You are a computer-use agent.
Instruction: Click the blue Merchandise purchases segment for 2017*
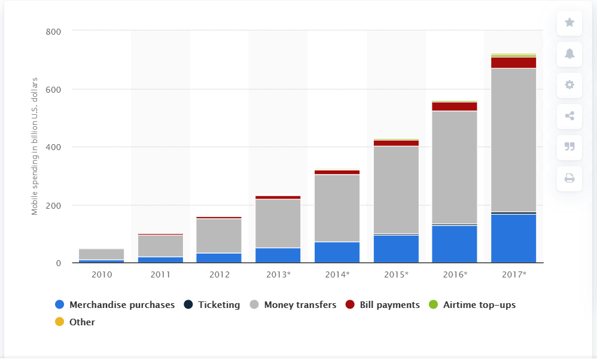coord(513,238)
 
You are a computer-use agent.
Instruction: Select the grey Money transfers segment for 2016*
coord(455,167)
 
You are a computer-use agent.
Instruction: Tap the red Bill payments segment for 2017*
coord(513,62)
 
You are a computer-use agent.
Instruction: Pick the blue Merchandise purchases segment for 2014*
coord(337,252)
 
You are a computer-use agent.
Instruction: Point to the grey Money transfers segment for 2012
coord(219,236)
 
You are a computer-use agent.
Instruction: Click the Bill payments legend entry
coord(389,305)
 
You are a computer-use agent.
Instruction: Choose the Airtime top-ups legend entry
coord(479,305)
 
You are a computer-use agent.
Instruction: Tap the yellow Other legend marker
coord(59,322)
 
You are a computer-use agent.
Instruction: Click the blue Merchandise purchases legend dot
coord(59,305)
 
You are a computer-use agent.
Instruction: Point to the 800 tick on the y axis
coord(53,31)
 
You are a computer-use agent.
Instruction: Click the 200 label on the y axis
coord(53,205)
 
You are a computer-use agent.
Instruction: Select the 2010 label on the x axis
coord(101,274)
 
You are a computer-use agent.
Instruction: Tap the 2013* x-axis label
coord(278,274)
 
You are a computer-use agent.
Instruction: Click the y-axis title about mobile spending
coord(34,146)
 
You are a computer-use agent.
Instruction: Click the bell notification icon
coord(569,54)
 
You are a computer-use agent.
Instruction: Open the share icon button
coord(569,116)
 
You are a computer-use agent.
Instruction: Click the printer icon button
coord(569,178)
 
